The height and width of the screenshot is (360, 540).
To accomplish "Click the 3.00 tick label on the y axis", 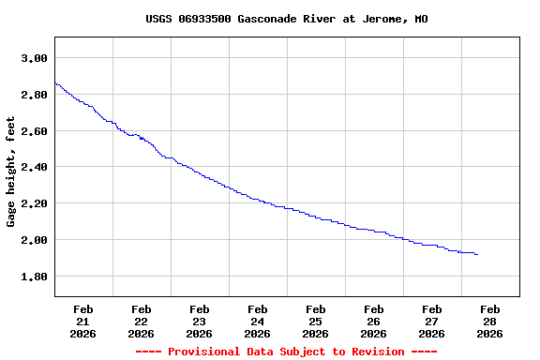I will tap(34, 58).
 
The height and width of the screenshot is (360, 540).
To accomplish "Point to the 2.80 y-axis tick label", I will tap(34, 95).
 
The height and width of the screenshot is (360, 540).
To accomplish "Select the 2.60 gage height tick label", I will tap(34, 131).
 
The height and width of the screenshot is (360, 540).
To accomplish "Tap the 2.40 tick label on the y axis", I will tap(34, 167).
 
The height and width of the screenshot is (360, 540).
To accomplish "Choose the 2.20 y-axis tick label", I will tap(34, 203).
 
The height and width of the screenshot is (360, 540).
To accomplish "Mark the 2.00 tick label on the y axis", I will tap(34, 240).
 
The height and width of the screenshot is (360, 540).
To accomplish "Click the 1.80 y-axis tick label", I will tap(34, 277).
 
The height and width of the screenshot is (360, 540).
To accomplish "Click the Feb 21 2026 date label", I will tap(83, 321).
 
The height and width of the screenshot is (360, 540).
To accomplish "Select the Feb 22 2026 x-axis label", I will tap(142, 321).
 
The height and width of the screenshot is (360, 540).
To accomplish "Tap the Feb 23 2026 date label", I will tap(200, 321).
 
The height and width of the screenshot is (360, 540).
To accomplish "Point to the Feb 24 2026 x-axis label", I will tap(258, 321).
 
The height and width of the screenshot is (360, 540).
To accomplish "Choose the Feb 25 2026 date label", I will tap(316, 321).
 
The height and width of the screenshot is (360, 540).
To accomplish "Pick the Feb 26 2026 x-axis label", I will tap(374, 321).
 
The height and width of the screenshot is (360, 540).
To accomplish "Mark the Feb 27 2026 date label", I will tap(432, 321).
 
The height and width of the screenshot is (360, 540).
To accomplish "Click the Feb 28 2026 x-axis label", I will tap(490, 321).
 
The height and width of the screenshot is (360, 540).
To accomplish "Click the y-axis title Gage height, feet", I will tap(12, 172).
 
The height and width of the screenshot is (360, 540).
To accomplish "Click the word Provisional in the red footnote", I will tap(201, 352).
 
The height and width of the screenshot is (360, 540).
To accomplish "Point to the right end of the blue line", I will tap(477, 254).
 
